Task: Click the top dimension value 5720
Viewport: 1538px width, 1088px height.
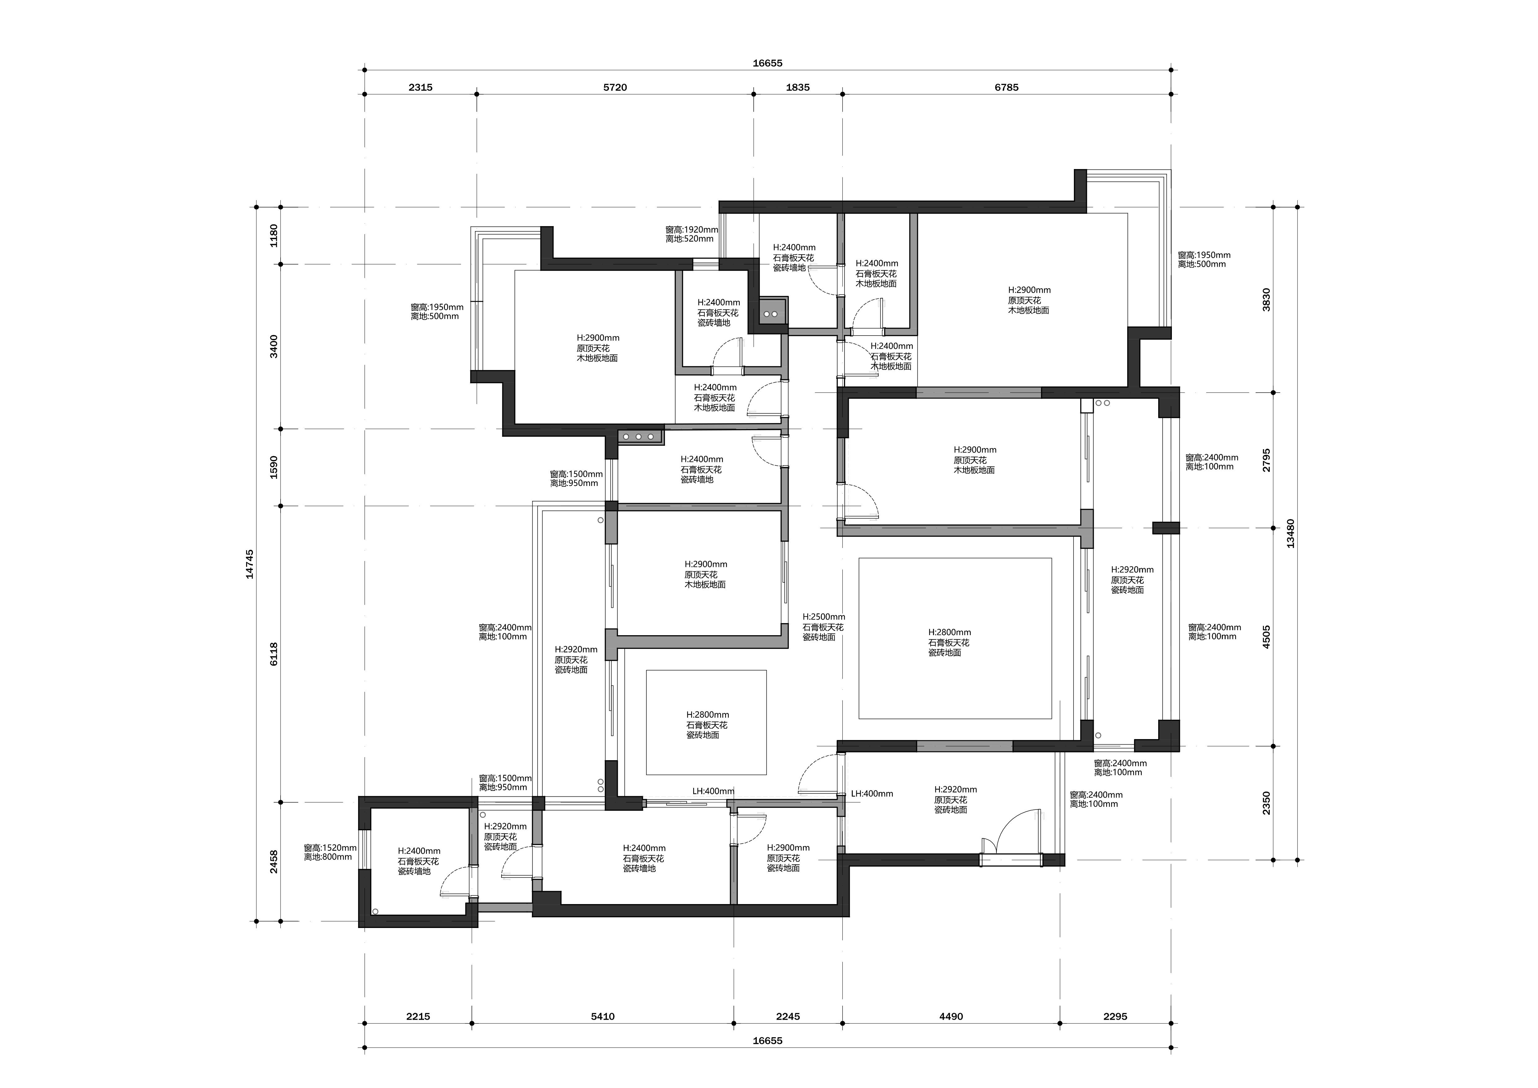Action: coord(615,87)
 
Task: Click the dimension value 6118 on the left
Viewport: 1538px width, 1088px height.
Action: coord(273,654)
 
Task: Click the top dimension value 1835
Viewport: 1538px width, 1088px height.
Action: coord(797,87)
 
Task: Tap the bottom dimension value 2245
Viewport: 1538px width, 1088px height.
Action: coord(788,1016)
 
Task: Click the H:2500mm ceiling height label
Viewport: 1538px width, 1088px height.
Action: coord(824,616)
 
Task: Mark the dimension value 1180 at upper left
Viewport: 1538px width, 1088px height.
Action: coord(273,236)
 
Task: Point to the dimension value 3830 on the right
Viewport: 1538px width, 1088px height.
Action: coord(1266,300)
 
